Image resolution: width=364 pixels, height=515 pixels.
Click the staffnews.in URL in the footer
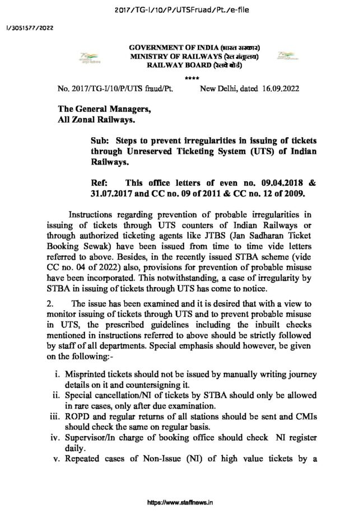tap(181, 503)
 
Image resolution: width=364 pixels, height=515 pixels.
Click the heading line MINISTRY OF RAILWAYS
tap(194, 57)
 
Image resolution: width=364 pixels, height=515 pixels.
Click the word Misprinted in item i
tap(86, 373)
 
